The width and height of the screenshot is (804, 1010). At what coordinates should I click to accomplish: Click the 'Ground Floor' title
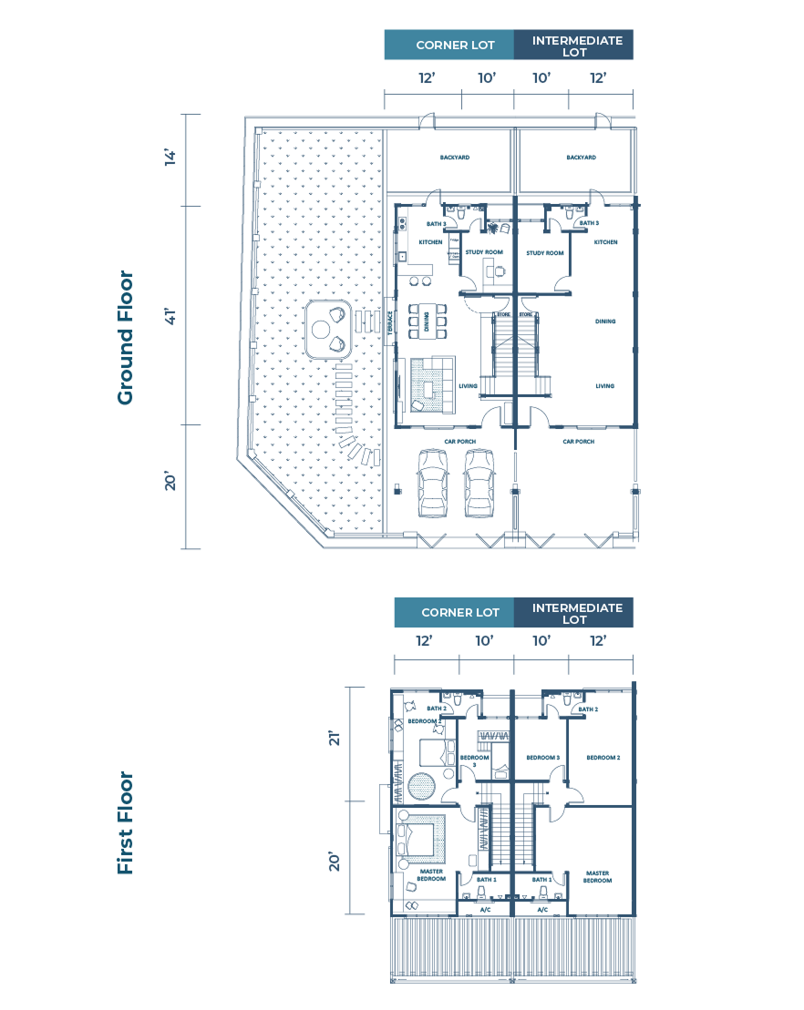click(x=125, y=338)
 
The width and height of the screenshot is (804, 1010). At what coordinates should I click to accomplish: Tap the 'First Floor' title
click(x=125, y=823)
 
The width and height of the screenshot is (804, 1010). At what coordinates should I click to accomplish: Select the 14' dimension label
click(x=170, y=158)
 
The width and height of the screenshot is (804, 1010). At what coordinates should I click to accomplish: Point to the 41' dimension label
click(x=170, y=315)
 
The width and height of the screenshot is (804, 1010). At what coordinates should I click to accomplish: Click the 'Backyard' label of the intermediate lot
click(x=581, y=158)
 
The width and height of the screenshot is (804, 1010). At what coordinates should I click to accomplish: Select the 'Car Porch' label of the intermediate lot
click(x=579, y=442)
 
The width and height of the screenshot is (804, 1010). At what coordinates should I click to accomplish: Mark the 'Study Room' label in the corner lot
click(x=484, y=252)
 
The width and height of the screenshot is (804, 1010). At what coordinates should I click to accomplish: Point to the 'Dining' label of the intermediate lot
click(x=605, y=321)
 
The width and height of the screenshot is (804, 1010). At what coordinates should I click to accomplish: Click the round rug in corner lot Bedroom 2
click(x=423, y=784)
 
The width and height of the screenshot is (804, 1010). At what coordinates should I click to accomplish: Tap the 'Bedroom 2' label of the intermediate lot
click(x=603, y=758)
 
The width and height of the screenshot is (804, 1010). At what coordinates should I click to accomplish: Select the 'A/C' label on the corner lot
click(x=485, y=910)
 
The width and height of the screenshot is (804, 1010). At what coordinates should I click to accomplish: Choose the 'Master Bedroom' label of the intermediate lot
click(x=597, y=877)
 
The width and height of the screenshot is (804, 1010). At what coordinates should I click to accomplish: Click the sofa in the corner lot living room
click(x=431, y=382)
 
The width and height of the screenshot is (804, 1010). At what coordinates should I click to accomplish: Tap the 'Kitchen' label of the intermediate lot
click(x=605, y=242)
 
